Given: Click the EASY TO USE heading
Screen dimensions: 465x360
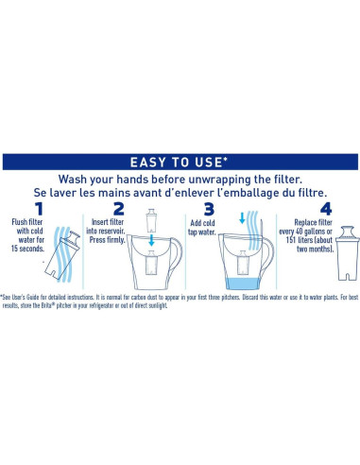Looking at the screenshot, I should click(180, 162).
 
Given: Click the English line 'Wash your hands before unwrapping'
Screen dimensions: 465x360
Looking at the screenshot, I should click(180, 179).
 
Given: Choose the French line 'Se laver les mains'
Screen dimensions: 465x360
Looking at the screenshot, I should click(180, 194).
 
